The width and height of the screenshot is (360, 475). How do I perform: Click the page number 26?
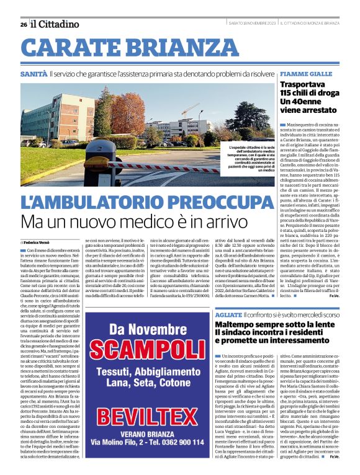[x=23, y=24]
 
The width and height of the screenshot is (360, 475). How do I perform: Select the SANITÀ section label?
[x=34, y=74]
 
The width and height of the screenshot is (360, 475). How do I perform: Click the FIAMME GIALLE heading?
[x=306, y=74]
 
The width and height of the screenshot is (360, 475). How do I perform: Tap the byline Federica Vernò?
[x=38, y=242]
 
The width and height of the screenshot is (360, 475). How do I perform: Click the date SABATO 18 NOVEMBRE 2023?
[x=252, y=24]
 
